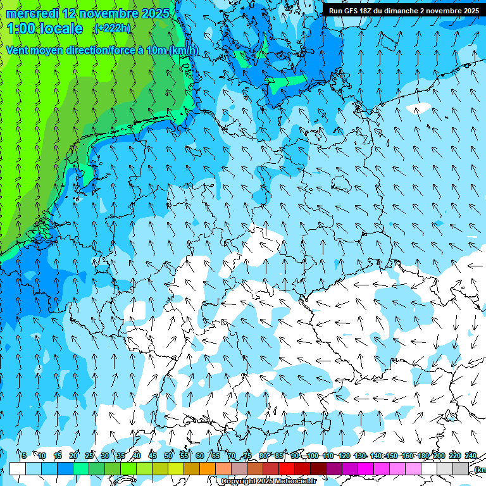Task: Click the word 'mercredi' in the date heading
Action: click(x=33, y=13)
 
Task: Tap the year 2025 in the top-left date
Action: click(x=154, y=13)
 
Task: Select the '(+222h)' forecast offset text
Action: click(x=112, y=28)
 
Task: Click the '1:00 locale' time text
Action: click(x=45, y=28)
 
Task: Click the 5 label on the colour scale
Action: click(x=24, y=456)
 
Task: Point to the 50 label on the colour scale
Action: click(x=168, y=456)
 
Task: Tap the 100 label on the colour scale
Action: click(x=312, y=456)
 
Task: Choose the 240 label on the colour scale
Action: click(x=470, y=456)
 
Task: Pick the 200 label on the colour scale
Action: click(x=439, y=456)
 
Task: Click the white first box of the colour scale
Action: click(x=18, y=468)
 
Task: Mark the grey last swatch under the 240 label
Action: click(x=461, y=468)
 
